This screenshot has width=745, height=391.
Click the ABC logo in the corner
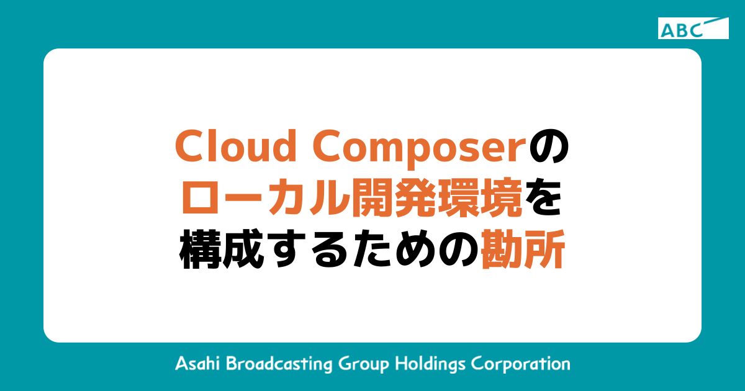click(693, 29)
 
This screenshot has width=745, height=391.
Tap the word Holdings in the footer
click(428, 364)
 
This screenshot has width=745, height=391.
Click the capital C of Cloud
click(189, 147)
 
